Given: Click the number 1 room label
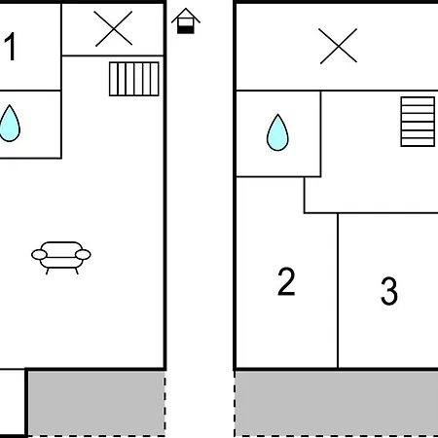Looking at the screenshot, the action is click(11, 46).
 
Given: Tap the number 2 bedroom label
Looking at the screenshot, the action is click(286, 281).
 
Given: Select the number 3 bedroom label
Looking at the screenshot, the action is click(389, 291).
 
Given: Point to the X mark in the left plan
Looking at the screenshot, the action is click(114, 28).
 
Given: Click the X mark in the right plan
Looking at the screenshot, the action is click(338, 46).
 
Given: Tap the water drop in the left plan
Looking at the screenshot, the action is click(10, 124).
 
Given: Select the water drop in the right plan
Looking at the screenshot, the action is click(277, 132).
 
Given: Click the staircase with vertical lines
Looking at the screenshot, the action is click(134, 79).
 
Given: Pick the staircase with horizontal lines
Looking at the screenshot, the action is click(418, 122).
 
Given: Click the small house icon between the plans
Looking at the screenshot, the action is click(186, 20).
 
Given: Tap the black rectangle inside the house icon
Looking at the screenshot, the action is click(186, 30).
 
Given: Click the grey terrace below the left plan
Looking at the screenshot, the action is click(96, 404).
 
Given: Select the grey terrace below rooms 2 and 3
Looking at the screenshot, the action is click(337, 404).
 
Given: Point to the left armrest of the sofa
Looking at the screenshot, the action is click(39, 255).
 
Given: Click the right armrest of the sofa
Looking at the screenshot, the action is click(83, 255).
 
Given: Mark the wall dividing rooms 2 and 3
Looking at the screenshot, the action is click(338, 291).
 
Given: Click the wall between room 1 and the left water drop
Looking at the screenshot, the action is click(30, 91).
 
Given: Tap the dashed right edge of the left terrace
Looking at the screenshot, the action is click(164, 404).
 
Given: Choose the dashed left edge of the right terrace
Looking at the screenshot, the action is click(235, 404).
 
